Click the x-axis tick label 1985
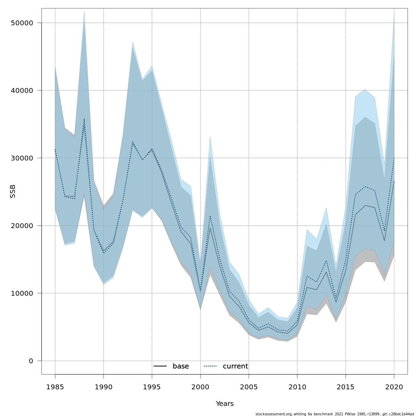coord(55,387)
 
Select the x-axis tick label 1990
coord(103,387)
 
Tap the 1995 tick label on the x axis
coord(152,387)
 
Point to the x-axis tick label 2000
coord(200,387)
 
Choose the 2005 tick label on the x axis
coord(249,387)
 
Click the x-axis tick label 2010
coord(297,387)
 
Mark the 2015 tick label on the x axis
coord(345,387)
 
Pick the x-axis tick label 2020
coord(394,387)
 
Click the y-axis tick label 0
coord(31,361)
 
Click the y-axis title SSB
coord(13,191)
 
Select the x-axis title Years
coord(225,404)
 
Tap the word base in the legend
coord(181,366)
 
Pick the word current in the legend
coord(235,366)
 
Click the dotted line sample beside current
coord(210,366)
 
